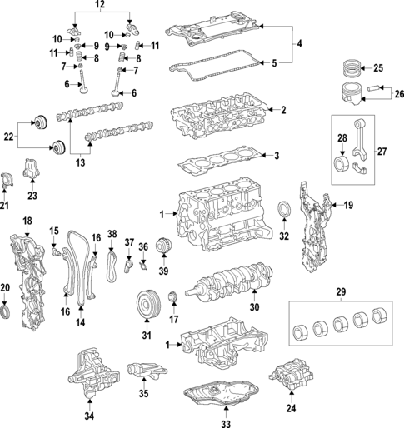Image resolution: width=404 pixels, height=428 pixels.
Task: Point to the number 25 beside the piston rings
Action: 377,68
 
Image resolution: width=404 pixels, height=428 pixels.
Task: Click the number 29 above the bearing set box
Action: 340,293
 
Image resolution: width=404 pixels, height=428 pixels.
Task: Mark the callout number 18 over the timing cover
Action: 27,221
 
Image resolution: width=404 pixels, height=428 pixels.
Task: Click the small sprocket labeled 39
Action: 163,249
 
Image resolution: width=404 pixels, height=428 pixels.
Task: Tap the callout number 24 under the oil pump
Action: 290,409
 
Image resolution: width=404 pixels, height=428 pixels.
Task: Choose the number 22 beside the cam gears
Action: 8,136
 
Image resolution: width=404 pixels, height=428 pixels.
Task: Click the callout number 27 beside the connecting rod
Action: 382,151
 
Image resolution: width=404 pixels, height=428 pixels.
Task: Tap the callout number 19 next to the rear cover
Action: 348,204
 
